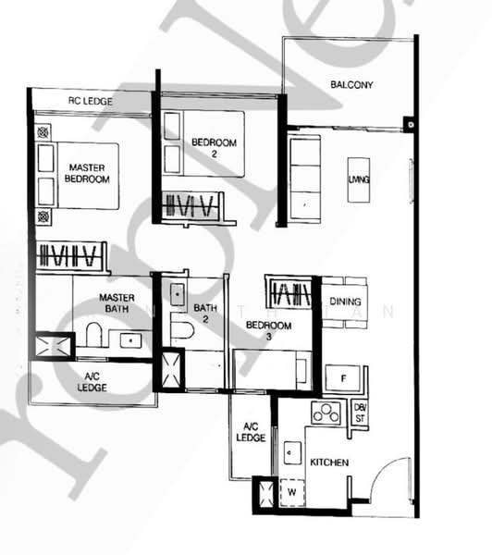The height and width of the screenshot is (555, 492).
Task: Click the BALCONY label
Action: pos(351,86)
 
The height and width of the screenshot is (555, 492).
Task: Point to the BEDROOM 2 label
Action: pos(215,148)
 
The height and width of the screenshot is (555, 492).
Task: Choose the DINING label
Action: pos(345,302)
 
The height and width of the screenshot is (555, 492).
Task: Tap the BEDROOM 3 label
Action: pos(268,331)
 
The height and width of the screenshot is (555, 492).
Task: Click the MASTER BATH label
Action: pos(117,303)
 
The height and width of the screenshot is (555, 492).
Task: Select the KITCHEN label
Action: pos(328,461)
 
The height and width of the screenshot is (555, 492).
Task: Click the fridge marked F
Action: pos(343,378)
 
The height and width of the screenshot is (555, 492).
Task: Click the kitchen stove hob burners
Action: pos(326,413)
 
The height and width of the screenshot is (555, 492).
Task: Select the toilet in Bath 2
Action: pos(181,327)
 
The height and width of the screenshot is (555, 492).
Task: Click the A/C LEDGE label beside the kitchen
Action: pos(250,432)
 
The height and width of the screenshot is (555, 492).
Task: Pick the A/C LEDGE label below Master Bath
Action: pos(92,381)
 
